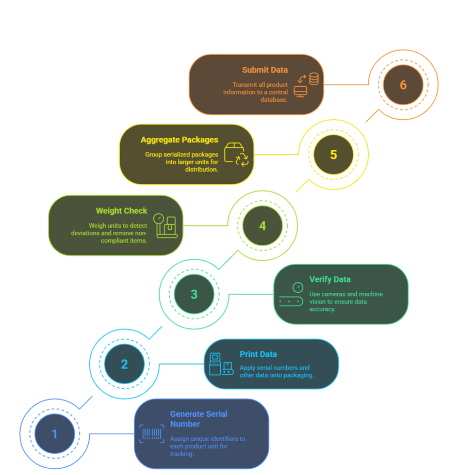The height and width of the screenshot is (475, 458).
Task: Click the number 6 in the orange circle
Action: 403,85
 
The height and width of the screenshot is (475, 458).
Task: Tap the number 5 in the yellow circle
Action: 333,154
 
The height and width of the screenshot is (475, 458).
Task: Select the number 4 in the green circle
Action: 263,226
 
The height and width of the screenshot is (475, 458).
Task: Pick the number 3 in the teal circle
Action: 194,294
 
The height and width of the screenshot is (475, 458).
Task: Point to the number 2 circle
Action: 124,364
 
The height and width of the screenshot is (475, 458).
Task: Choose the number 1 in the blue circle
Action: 55,434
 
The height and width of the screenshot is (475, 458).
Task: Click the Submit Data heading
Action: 265,70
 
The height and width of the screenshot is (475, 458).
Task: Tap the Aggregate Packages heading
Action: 179,140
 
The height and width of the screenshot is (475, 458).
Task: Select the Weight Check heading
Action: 121,211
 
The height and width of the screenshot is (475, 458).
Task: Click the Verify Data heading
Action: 330,279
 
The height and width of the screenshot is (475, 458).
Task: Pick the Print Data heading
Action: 258,354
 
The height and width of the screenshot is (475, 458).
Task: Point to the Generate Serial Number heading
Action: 199,419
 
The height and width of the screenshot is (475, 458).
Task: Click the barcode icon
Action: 152,434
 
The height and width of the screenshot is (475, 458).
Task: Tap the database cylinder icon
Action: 314,79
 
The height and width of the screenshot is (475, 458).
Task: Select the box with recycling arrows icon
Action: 236,154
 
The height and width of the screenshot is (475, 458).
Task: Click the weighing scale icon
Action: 165,226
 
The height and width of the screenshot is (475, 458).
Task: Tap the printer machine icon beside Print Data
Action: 221,364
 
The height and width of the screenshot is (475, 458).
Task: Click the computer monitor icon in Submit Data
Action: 300,91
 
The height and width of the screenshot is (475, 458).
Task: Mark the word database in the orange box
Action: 274,100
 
